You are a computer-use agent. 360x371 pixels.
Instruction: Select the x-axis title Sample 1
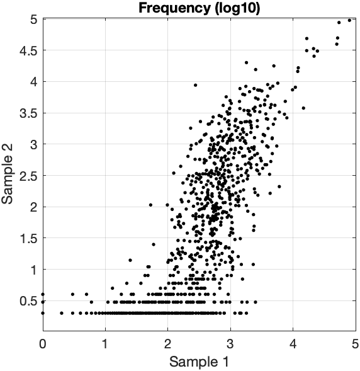[x=199, y=362]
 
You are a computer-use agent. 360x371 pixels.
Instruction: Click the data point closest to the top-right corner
[x=349, y=20]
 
